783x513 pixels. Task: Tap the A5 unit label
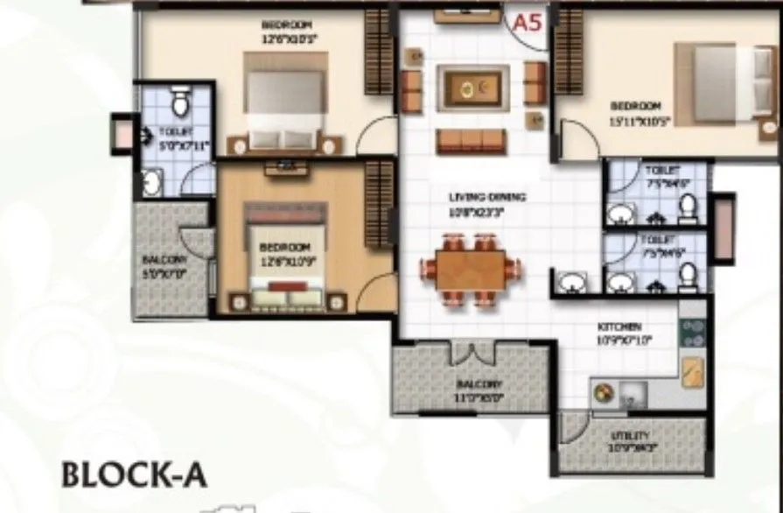pos(528,23)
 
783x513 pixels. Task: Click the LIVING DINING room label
pos(473,198)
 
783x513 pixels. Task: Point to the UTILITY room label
pos(631,435)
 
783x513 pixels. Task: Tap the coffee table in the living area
pos(473,87)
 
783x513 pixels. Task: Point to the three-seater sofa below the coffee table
pos(472,141)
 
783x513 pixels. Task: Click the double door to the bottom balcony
pos(472,353)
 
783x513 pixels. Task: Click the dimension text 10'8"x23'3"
pos(473,212)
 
